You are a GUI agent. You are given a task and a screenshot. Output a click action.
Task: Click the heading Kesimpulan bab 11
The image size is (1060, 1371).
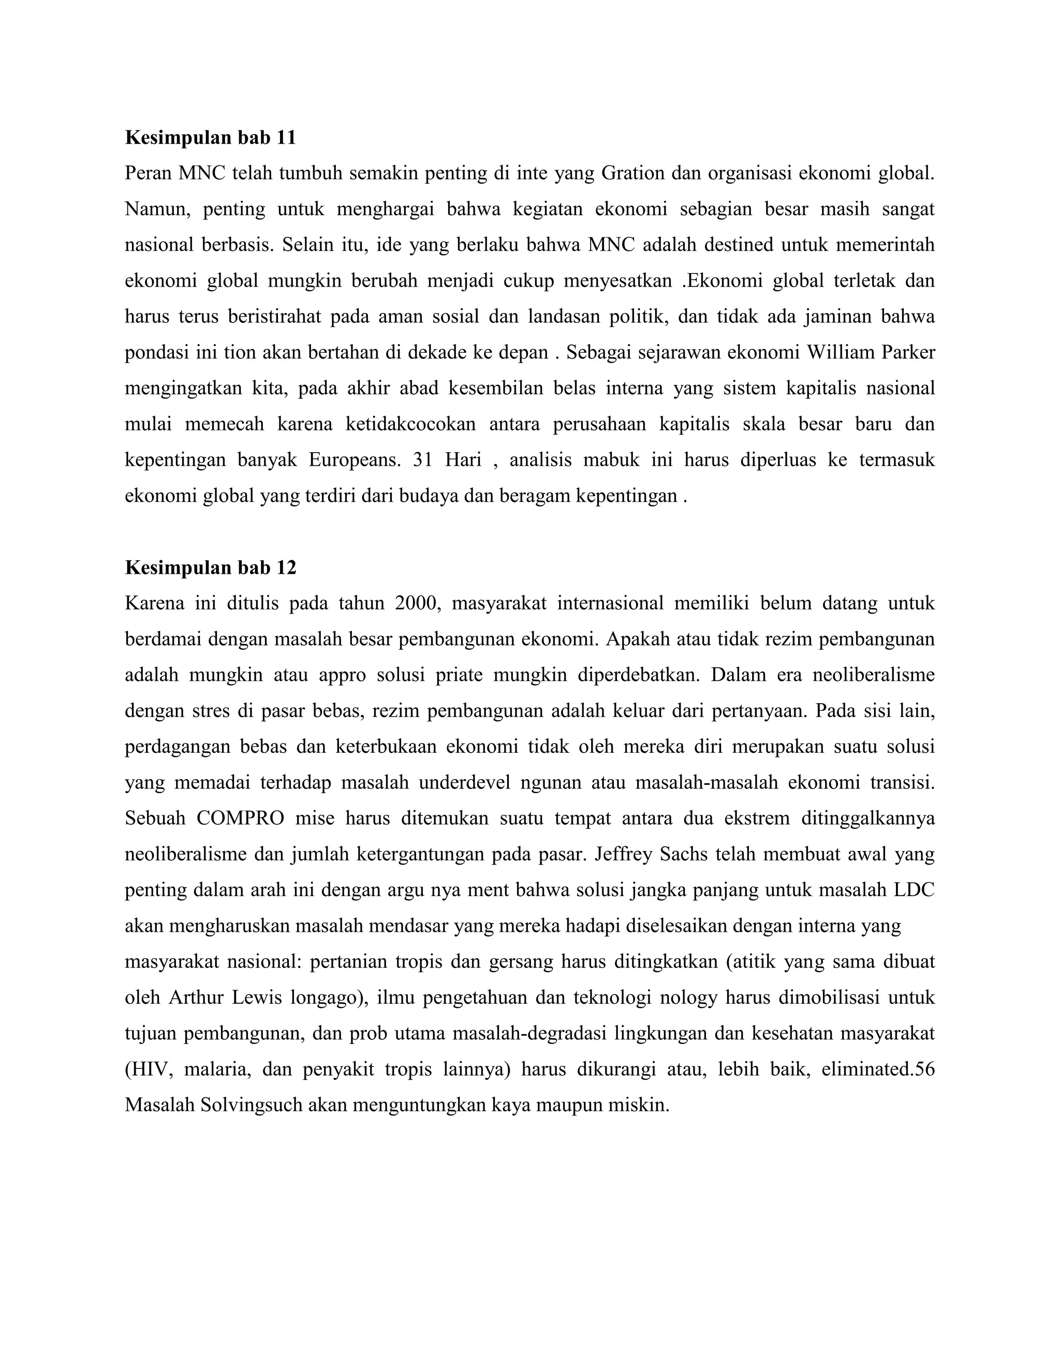click(x=210, y=138)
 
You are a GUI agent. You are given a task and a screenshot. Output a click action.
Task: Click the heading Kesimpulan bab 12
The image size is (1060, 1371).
click(x=210, y=568)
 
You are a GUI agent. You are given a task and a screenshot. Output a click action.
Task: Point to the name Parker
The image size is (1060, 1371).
click(x=907, y=352)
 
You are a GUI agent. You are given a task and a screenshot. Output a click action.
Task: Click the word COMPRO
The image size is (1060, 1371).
click(x=240, y=818)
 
